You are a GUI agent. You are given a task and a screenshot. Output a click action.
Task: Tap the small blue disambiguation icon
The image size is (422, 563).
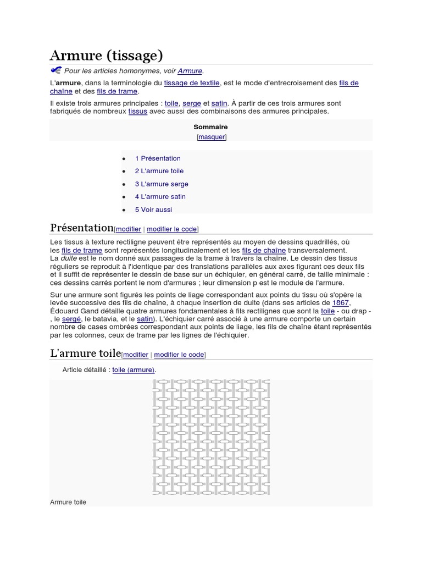55,70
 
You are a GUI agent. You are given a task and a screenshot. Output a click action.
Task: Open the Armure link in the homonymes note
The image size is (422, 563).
190,71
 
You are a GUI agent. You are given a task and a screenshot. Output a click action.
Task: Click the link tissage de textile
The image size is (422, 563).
192,83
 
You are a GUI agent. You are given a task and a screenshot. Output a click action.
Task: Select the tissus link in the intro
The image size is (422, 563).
137,111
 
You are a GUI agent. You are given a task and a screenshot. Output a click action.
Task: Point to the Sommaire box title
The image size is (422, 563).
210,127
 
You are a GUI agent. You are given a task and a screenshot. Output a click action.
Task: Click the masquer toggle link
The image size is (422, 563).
212,137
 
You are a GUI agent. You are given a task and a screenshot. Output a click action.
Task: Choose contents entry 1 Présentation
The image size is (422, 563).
158,158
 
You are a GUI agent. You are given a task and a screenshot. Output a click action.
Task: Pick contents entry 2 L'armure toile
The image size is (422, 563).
159,171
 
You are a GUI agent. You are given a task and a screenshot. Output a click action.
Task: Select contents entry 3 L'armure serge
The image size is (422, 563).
162,184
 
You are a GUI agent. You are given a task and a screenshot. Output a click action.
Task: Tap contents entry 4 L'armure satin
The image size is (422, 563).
160,197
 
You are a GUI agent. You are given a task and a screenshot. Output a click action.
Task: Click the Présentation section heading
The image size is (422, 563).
81,228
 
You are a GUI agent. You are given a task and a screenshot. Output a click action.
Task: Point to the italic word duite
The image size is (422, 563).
69,258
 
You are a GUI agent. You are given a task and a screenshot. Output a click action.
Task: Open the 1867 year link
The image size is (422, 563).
340,303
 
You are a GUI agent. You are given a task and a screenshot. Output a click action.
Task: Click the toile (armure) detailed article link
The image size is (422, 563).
133,370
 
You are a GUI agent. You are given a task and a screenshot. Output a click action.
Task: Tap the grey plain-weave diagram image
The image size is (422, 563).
211,437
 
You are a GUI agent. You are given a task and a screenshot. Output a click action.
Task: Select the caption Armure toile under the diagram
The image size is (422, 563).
68,502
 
